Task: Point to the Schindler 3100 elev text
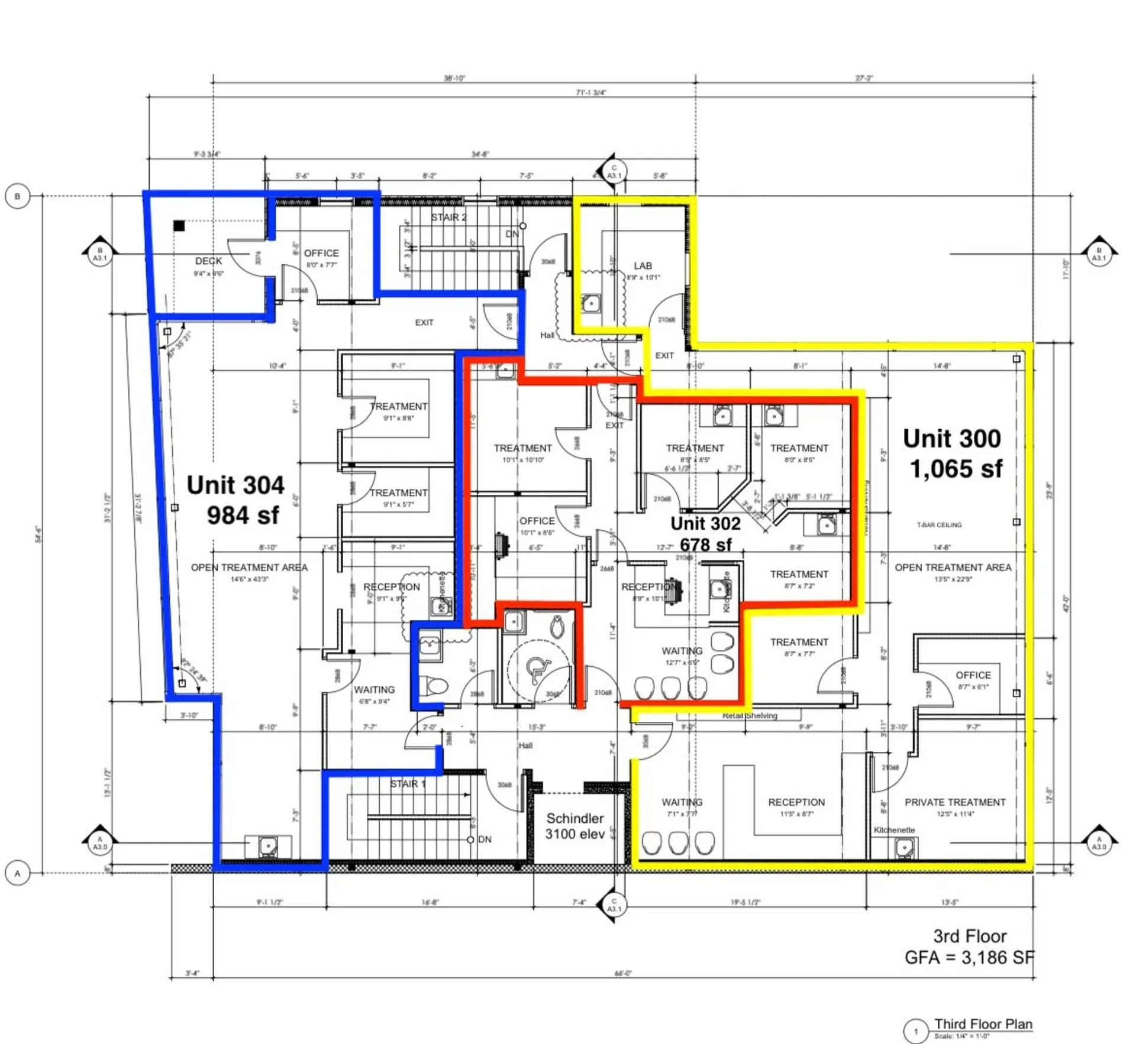coord(575,826)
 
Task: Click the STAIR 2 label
coord(448,218)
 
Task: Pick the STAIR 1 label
coord(407,784)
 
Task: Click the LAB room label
coord(643,266)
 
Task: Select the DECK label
coord(208,261)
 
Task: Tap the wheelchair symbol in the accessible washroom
coord(538,669)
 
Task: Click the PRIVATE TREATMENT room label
coord(954,802)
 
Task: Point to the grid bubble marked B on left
coord(17,196)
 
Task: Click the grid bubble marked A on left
coord(17,873)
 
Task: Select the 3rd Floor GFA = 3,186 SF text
coord(969,946)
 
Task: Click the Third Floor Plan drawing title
coord(983,1024)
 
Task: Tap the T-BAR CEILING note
coord(939,525)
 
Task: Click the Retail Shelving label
coord(750,715)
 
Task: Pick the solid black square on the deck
coord(179,225)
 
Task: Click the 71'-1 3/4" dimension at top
coord(590,92)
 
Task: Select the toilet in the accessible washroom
coord(557,627)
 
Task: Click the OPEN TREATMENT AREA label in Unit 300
coord(953,568)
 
